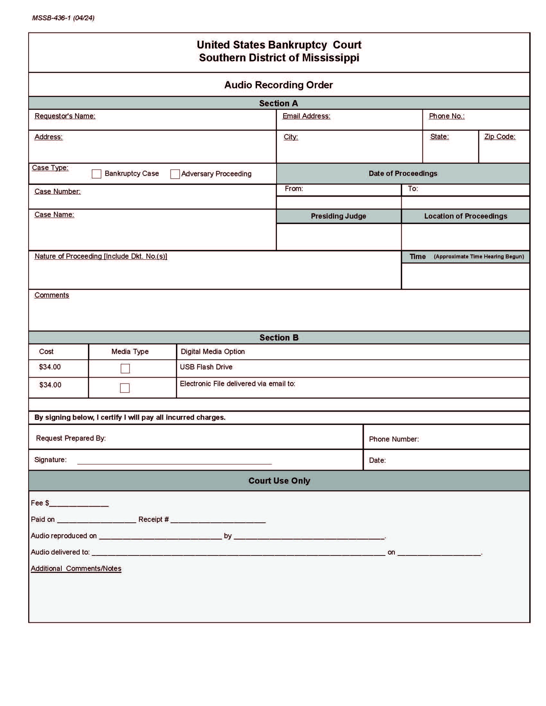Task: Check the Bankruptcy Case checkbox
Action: [x=96, y=174]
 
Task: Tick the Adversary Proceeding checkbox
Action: [x=175, y=174]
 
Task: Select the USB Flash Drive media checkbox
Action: [x=125, y=368]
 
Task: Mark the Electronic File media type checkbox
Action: [x=125, y=388]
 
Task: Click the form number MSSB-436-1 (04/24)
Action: [x=63, y=18]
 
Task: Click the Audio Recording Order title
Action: [x=278, y=85]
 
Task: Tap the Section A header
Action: [x=278, y=103]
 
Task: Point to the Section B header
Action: [x=278, y=338]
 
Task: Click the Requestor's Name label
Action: [x=65, y=116]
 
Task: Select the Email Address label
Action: [x=306, y=116]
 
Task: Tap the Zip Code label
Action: [x=500, y=137]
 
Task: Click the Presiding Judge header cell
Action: [x=338, y=216]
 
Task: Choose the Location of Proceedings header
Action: [x=465, y=216]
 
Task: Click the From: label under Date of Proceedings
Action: [x=294, y=189]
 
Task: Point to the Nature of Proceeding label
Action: [x=101, y=256]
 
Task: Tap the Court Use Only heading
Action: [x=279, y=481]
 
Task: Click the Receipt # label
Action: [x=153, y=520]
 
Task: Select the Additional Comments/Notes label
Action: [x=76, y=569]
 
